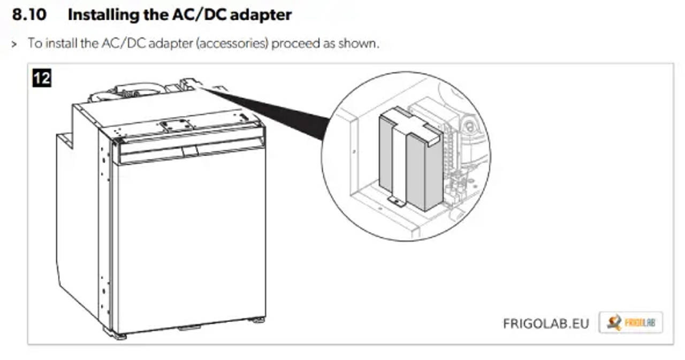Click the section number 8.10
pyautogui.click(x=29, y=14)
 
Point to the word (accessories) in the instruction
pyautogui.click(x=232, y=43)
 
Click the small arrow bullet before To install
pyautogui.click(x=14, y=44)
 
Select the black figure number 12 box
pyautogui.click(x=42, y=79)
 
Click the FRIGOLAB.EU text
pyautogui.click(x=546, y=324)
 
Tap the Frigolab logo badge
pyautogui.click(x=630, y=323)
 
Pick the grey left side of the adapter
pyautogui.click(x=386, y=155)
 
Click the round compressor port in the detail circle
pyautogui.click(x=469, y=126)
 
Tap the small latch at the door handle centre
pyautogui.click(x=189, y=151)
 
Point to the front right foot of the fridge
pyautogui.click(x=257, y=320)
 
